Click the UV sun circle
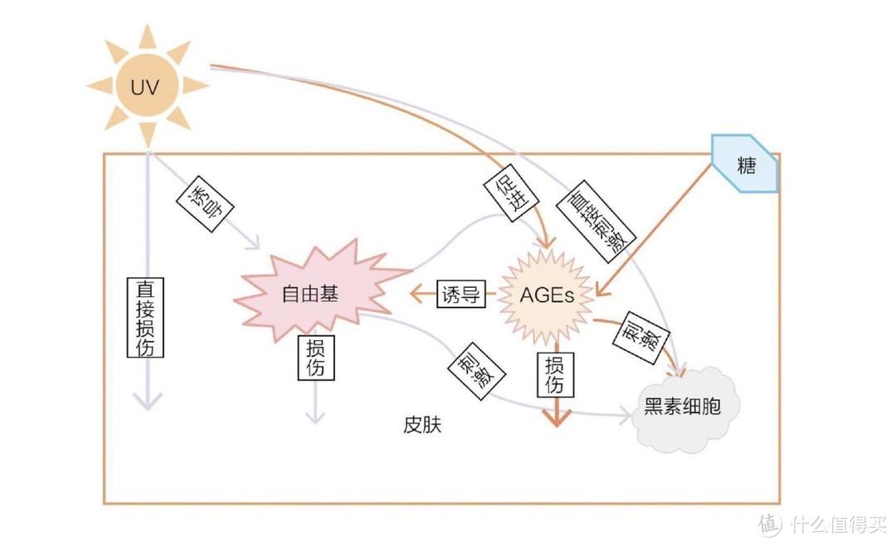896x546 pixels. tap(147, 85)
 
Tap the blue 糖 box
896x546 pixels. tap(746, 164)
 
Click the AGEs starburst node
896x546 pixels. tap(546, 294)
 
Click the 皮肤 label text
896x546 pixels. tap(422, 425)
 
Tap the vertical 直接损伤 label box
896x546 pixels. tap(145, 318)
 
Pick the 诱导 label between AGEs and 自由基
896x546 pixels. tap(461, 295)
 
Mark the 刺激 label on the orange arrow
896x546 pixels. tap(640, 335)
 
